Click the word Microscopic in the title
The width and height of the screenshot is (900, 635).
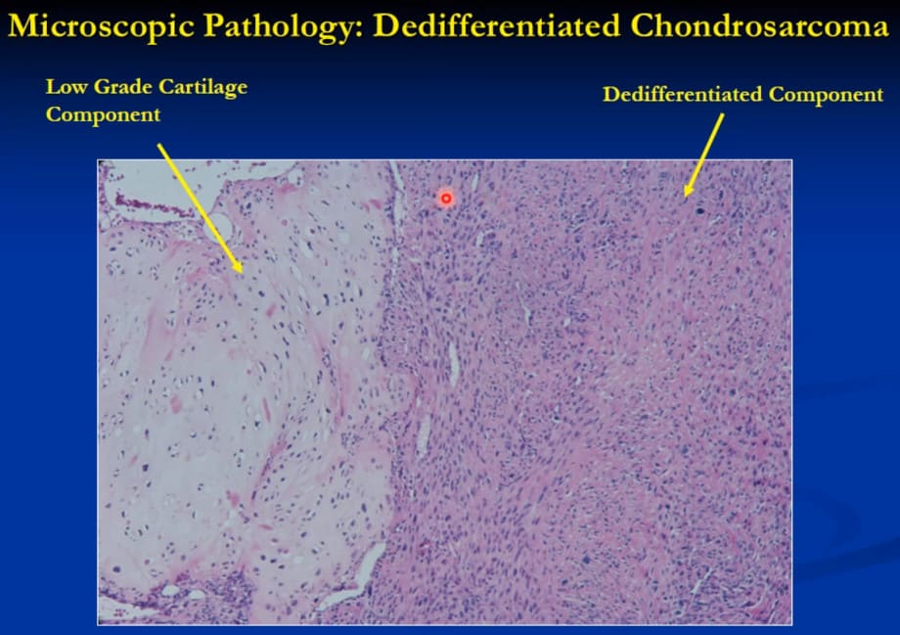click(x=102, y=26)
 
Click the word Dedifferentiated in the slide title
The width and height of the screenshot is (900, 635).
click(x=497, y=26)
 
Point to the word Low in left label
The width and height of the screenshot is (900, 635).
click(x=67, y=87)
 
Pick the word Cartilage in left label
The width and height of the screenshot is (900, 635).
click(x=203, y=88)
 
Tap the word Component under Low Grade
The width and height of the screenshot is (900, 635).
click(x=104, y=114)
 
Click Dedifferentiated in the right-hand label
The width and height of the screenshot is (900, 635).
click(x=683, y=94)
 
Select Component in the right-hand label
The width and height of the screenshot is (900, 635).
click(x=826, y=95)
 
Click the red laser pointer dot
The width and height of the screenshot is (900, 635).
click(x=446, y=199)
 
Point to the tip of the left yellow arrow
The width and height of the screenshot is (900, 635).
click(x=242, y=272)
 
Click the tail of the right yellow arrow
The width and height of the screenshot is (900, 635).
click(x=723, y=114)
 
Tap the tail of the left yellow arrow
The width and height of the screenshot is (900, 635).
click(x=159, y=145)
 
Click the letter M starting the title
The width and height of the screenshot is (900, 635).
click(x=23, y=26)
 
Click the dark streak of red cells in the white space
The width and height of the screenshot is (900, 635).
click(x=151, y=205)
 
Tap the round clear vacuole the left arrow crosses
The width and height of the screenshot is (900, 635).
click(x=218, y=227)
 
